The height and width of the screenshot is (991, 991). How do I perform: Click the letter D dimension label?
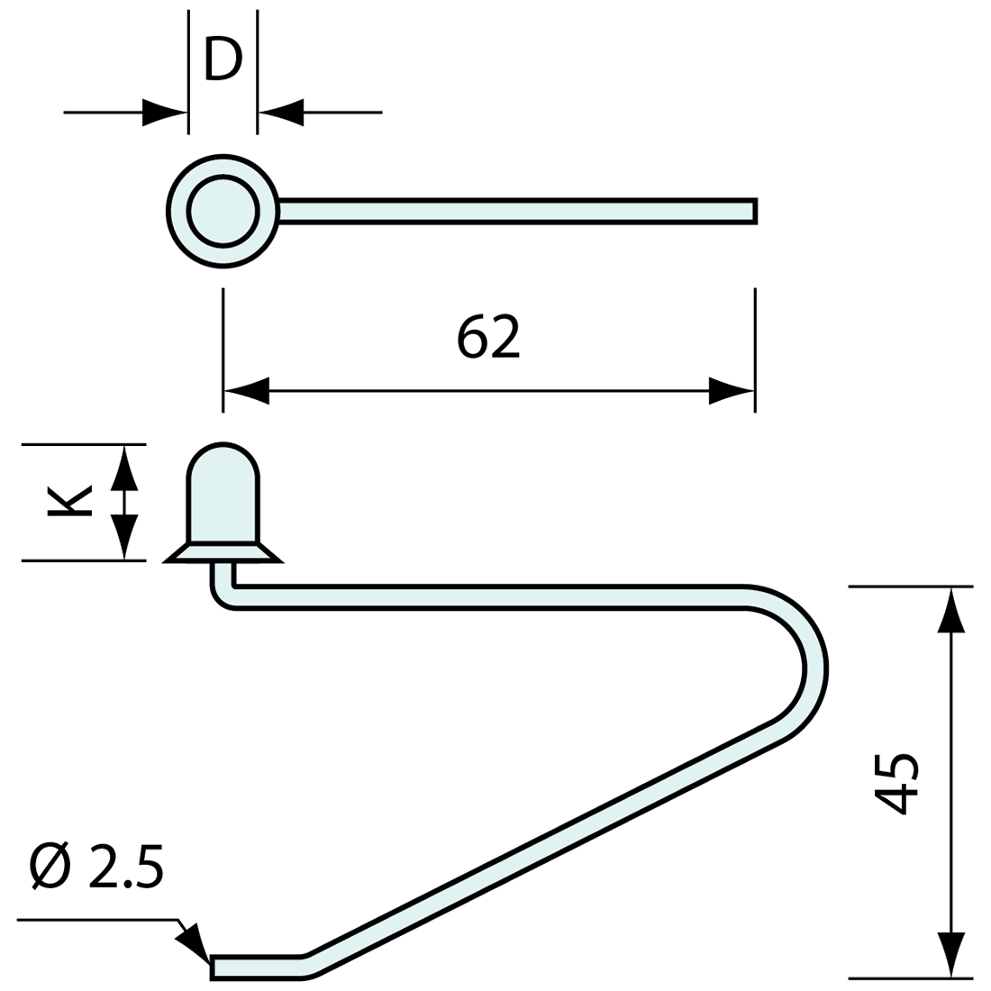coord(223,59)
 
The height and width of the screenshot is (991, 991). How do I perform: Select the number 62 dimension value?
coord(488,337)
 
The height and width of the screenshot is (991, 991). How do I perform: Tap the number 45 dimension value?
coord(897,781)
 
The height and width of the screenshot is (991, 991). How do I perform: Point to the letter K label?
coord(70,502)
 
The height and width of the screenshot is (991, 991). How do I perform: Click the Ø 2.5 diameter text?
coord(96,867)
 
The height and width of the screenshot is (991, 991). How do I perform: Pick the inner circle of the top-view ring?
coord(223,211)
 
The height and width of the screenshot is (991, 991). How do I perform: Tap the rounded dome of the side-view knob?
coord(223,468)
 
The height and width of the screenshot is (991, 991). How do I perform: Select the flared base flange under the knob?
coord(223,552)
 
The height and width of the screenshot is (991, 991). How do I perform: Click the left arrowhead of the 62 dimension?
coord(246,391)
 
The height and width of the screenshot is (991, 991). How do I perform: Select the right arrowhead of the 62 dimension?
coord(732,391)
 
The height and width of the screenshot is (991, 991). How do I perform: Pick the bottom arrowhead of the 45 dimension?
coord(951,954)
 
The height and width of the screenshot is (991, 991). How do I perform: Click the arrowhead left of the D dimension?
coord(166,113)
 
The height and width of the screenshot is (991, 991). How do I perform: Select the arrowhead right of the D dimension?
coord(280,113)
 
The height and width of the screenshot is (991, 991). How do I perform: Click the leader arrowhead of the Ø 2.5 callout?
coord(194,943)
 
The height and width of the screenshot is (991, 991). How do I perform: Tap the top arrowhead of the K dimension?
coord(124,468)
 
